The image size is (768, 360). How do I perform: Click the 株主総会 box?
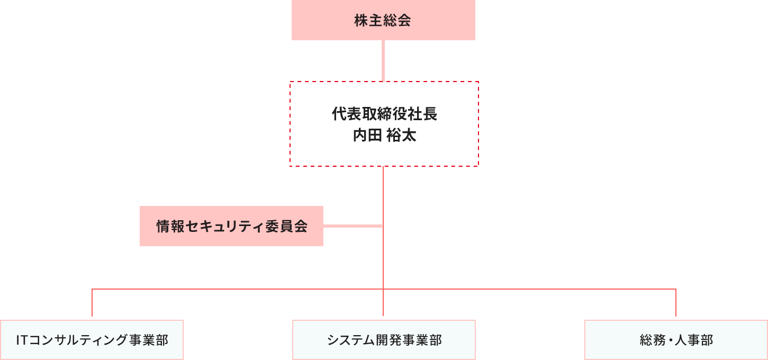[383, 21]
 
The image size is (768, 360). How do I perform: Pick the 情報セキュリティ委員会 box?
[231, 226]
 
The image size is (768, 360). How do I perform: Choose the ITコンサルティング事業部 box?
[92, 340]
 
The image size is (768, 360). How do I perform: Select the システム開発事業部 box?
[384, 340]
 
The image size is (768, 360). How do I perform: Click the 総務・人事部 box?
[676, 340]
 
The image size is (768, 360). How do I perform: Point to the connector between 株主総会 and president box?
[383, 61]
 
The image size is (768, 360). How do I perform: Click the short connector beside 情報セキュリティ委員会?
[353, 226]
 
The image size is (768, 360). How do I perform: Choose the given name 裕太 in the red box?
[401, 136]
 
